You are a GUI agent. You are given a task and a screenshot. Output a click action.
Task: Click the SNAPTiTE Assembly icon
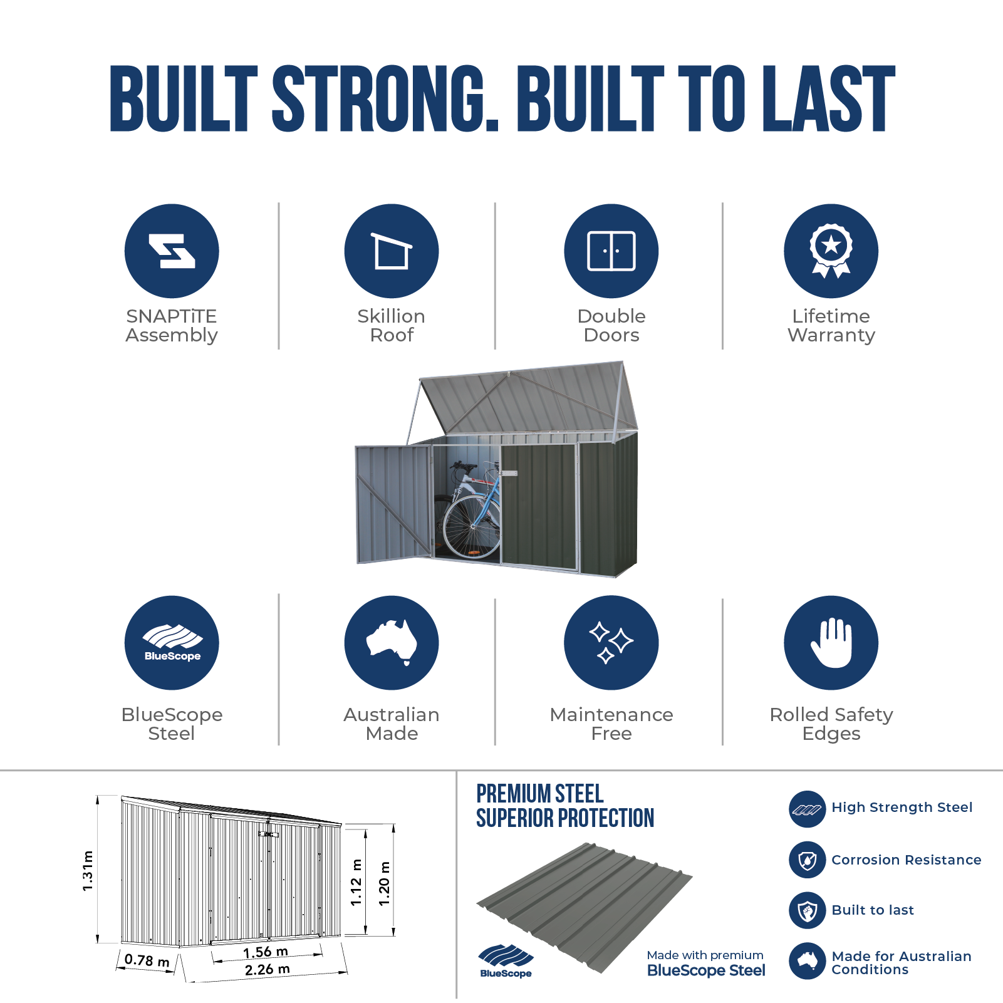[172, 251]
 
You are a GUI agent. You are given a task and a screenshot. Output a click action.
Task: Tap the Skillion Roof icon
[392, 251]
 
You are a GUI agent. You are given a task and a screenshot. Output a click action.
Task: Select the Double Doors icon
[611, 251]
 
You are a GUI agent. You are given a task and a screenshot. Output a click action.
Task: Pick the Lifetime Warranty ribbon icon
[831, 251]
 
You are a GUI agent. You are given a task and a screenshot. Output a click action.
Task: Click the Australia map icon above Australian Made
[392, 643]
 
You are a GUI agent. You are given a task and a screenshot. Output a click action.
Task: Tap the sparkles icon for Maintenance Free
[611, 643]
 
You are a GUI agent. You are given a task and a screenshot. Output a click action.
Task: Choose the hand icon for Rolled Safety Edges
[831, 643]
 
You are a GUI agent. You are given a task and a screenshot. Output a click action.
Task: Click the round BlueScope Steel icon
[172, 643]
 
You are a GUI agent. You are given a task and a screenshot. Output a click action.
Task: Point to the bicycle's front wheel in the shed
[471, 526]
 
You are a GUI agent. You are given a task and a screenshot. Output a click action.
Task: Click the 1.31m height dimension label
[88, 871]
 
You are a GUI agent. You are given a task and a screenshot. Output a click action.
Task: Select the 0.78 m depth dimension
[147, 960]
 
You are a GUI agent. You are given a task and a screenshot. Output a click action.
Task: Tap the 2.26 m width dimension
[268, 970]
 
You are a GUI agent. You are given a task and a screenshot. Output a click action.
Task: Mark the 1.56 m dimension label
[266, 952]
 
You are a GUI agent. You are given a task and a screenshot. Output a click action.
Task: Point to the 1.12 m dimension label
[356, 883]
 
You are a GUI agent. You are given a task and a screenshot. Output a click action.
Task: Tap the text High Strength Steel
[902, 808]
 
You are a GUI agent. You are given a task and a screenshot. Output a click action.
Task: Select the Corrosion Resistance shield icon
[808, 860]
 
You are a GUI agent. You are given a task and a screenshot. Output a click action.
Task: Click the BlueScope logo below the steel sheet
[506, 961]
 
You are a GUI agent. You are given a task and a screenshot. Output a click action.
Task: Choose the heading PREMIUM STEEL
[540, 794]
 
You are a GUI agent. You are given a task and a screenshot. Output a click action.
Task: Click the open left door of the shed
[394, 504]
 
